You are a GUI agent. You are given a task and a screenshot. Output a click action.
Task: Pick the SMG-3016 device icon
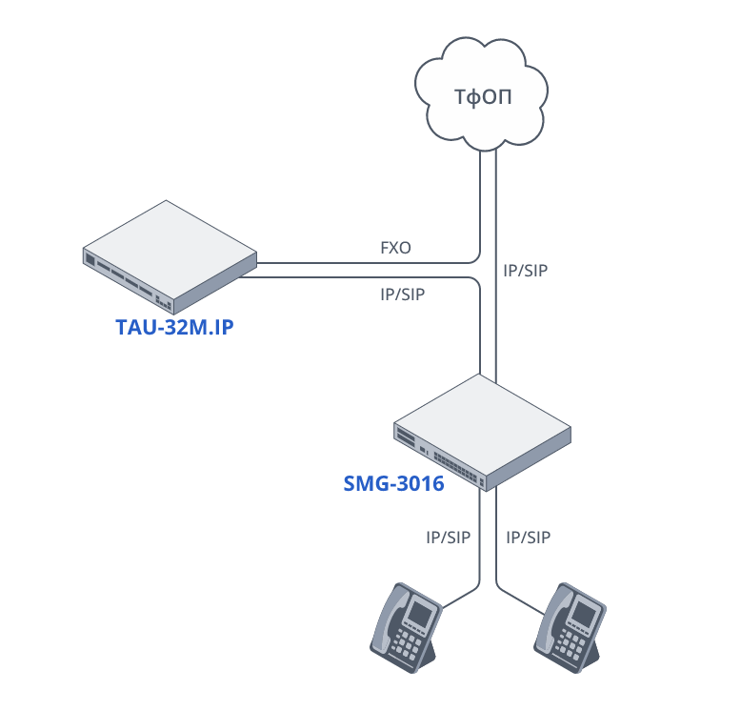483,430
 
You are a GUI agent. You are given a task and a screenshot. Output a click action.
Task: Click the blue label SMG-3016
393,483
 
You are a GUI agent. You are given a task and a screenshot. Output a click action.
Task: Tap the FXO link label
395,248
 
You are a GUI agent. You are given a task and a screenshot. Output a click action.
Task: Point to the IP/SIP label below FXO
402,295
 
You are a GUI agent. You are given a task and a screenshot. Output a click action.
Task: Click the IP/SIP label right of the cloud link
526,270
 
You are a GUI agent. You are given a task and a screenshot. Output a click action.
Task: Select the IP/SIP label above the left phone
449,538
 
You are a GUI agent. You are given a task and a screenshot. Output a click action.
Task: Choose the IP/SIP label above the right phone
529,538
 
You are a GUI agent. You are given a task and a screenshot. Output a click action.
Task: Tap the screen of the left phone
420,611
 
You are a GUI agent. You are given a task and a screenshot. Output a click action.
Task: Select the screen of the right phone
583,611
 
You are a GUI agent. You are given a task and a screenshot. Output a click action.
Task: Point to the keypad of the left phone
411,645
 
